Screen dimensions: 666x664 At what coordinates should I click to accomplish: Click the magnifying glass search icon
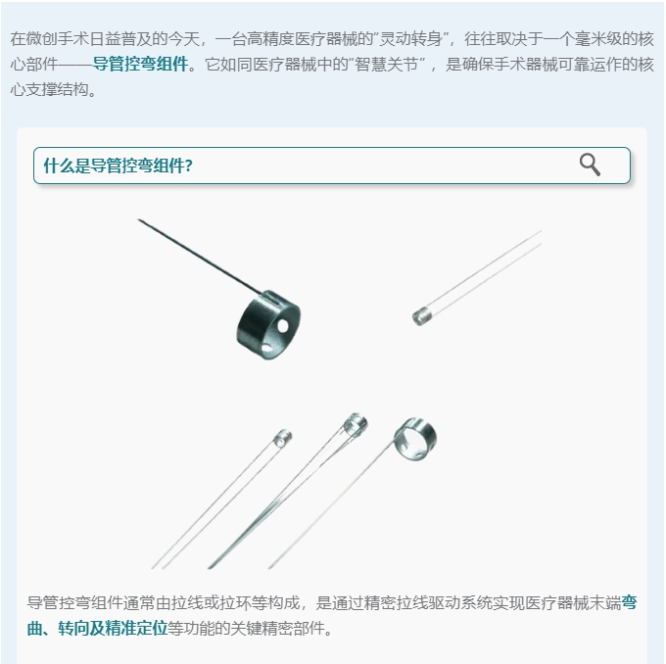[x=590, y=165]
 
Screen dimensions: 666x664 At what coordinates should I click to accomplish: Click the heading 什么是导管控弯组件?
[x=119, y=166]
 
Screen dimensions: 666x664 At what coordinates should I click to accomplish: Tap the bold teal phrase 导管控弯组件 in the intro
[x=141, y=65]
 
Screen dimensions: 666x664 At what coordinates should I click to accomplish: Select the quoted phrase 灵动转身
[x=411, y=38]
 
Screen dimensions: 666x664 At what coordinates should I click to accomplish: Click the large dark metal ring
[x=268, y=324]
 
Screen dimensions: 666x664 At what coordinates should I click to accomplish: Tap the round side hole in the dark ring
[x=283, y=326]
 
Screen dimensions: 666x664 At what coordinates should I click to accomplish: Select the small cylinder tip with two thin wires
[x=422, y=317]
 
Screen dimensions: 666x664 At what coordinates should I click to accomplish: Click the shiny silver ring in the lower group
[x=415, y=439]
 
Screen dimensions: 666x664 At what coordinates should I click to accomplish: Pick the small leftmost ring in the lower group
[x=282, y=438]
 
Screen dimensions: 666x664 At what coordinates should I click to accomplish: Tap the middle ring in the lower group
[x=356, y=424]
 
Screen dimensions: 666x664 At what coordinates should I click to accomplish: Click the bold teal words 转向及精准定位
[x=114, y=628]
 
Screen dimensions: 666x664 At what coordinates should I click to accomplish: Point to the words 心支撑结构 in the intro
[x=50, y=90]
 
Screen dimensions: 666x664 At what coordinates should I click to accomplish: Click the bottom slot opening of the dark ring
[x=266, y=349]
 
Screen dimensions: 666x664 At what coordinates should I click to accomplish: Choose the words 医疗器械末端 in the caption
[x=573, y=602]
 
